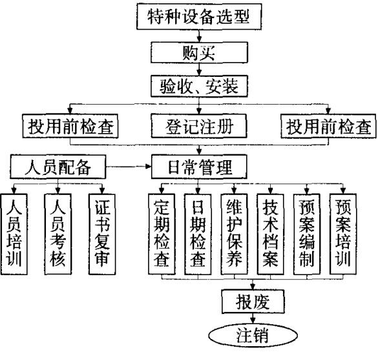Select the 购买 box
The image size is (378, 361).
click(198, 52)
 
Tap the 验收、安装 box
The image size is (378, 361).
click(198, 85)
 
